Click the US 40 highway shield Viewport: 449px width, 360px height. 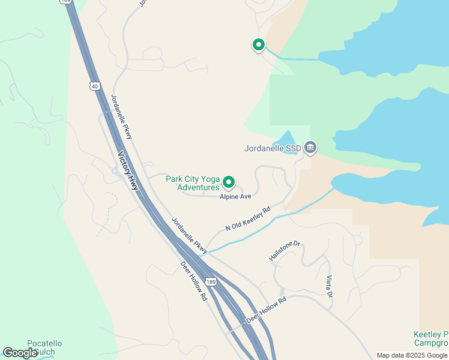click(x=95, y=86)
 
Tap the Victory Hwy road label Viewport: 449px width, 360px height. click(x=128, y=171)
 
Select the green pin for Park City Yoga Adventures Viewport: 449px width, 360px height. click(x=229, y=181)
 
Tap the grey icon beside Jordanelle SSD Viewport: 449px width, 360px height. click(x=310, y=148)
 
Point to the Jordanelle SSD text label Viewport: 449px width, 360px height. click(x=273, y=148)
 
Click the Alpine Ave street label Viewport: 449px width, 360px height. click(x=235, y=196)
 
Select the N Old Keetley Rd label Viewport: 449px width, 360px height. click(x=248, y=219)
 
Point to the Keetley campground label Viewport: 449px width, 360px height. click(x=431, y=338)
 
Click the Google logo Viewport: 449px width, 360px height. click(x=20, y=352)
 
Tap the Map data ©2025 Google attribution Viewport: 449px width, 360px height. click(x=412, y=355)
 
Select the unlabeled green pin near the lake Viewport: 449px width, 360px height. click(x=258, y=44)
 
